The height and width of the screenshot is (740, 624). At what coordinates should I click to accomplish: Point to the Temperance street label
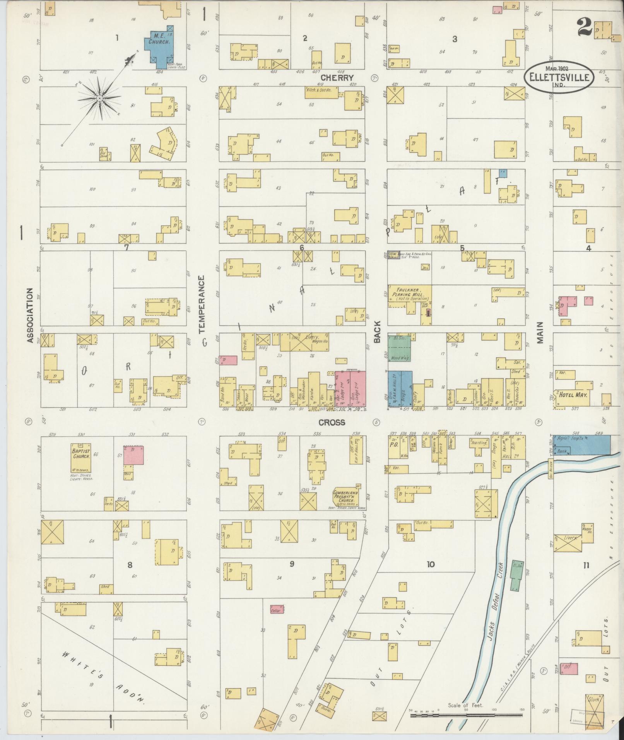[201, 304]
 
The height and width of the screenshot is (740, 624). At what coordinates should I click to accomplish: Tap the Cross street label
[332, 422]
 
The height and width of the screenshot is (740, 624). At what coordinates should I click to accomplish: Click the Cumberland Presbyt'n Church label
[345, 497]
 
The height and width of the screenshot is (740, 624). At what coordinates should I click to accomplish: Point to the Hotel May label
[572, 395]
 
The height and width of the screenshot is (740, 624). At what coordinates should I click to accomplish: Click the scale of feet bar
[467, 715]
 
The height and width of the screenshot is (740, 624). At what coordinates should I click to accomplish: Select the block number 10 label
[430, 564]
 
